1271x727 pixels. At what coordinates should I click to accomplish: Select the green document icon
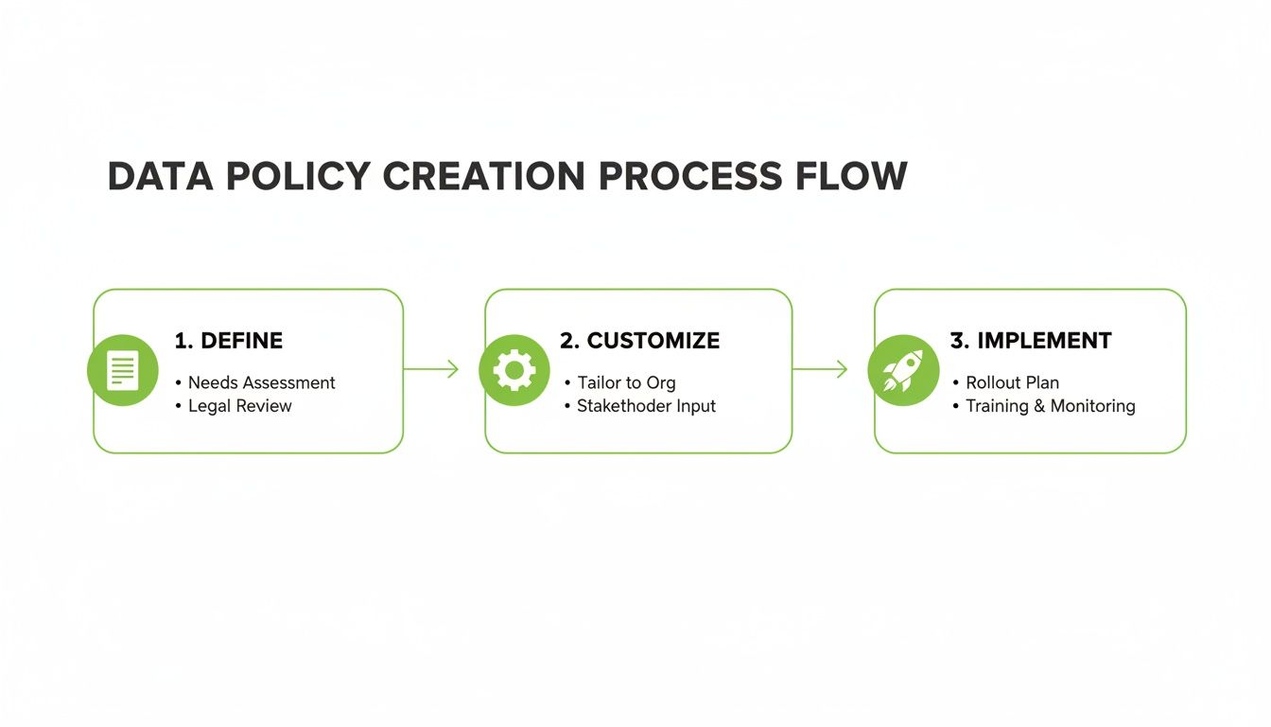122,370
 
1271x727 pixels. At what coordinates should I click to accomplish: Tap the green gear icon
514,370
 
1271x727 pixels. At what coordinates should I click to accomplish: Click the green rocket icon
903,370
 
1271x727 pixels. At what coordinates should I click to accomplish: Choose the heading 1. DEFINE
229,341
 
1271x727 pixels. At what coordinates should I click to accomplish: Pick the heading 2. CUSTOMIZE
639,341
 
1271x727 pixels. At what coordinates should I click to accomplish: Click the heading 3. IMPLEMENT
1031,341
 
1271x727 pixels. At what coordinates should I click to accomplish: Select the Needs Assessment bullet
261,382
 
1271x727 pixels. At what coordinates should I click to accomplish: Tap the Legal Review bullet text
240,406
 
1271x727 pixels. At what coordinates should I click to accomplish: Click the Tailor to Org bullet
626,382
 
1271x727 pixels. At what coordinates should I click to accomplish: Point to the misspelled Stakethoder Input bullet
646,406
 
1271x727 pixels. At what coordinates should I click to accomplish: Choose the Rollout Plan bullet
1012,382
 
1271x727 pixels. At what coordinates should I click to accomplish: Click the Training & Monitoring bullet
1050,406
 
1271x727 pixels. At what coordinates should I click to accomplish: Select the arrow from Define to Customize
431,369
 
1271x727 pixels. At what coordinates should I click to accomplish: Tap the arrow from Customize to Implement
820,369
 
